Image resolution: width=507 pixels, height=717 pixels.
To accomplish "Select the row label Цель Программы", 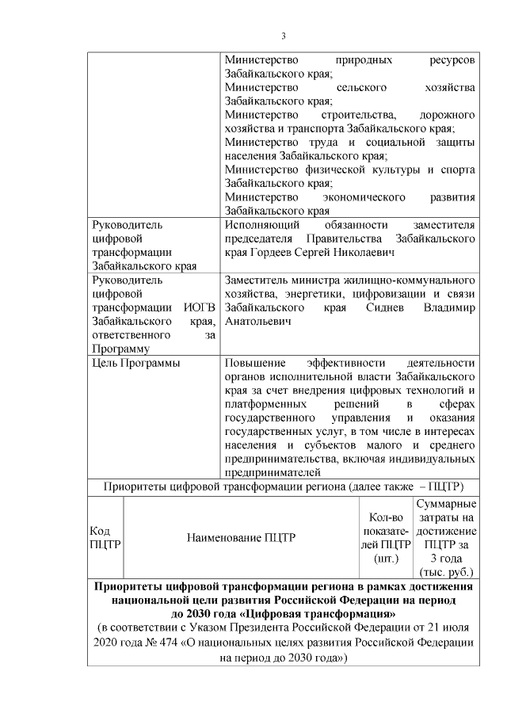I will (x=135, y=364).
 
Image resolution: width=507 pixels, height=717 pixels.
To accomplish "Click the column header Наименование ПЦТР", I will (x=241, y=538).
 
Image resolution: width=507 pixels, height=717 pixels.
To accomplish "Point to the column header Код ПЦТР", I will (x=105, y=538).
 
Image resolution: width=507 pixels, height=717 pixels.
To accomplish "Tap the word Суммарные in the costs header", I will (x=446, y=504).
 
